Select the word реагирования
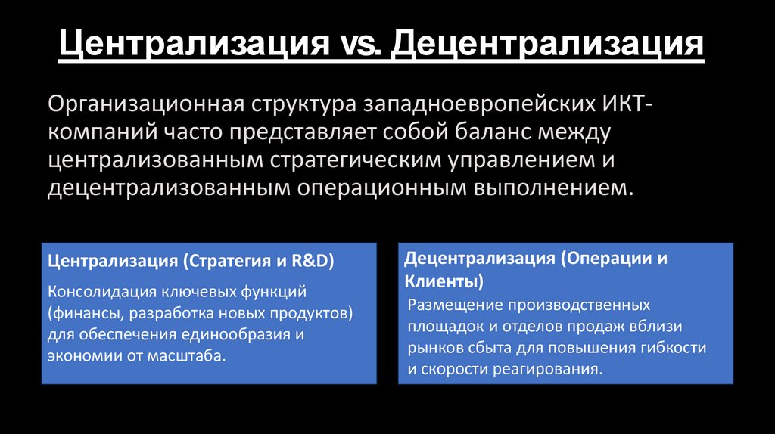[544, 370]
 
